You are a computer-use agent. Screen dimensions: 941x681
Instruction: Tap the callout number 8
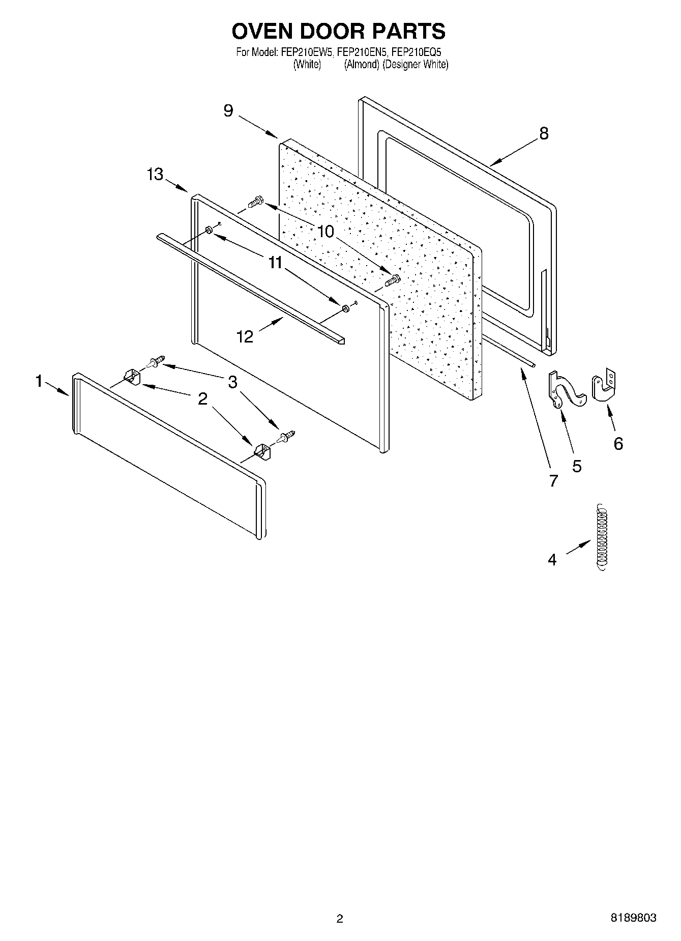pos(544,133)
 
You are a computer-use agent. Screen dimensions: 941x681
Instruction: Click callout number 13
pos(155,175)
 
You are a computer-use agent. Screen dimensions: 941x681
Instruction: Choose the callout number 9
pos(228,110)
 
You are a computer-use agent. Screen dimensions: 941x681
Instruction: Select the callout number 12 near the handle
pos(245,336)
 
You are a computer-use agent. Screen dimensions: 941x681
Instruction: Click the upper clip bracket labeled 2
pos(132,378)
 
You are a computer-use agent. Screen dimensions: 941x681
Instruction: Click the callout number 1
pos(39,381)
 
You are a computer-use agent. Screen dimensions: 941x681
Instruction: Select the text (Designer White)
pos(416,65)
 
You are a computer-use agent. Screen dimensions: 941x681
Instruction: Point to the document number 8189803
pos(633,918)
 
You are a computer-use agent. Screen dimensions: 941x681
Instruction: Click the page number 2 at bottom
pos(340,919)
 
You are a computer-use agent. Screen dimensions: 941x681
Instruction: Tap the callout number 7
pos(553,480)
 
